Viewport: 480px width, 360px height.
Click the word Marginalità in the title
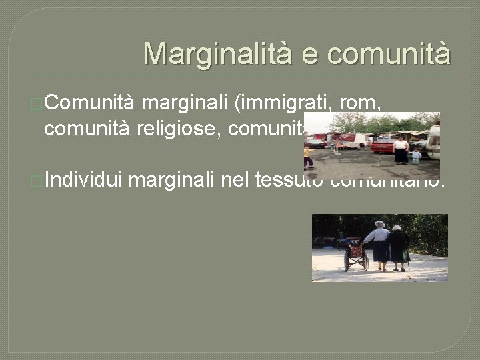[x=217, y=53]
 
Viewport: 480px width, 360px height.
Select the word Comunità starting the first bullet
[x=89, y=103]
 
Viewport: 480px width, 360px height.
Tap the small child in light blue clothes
[x=417, y=157]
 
